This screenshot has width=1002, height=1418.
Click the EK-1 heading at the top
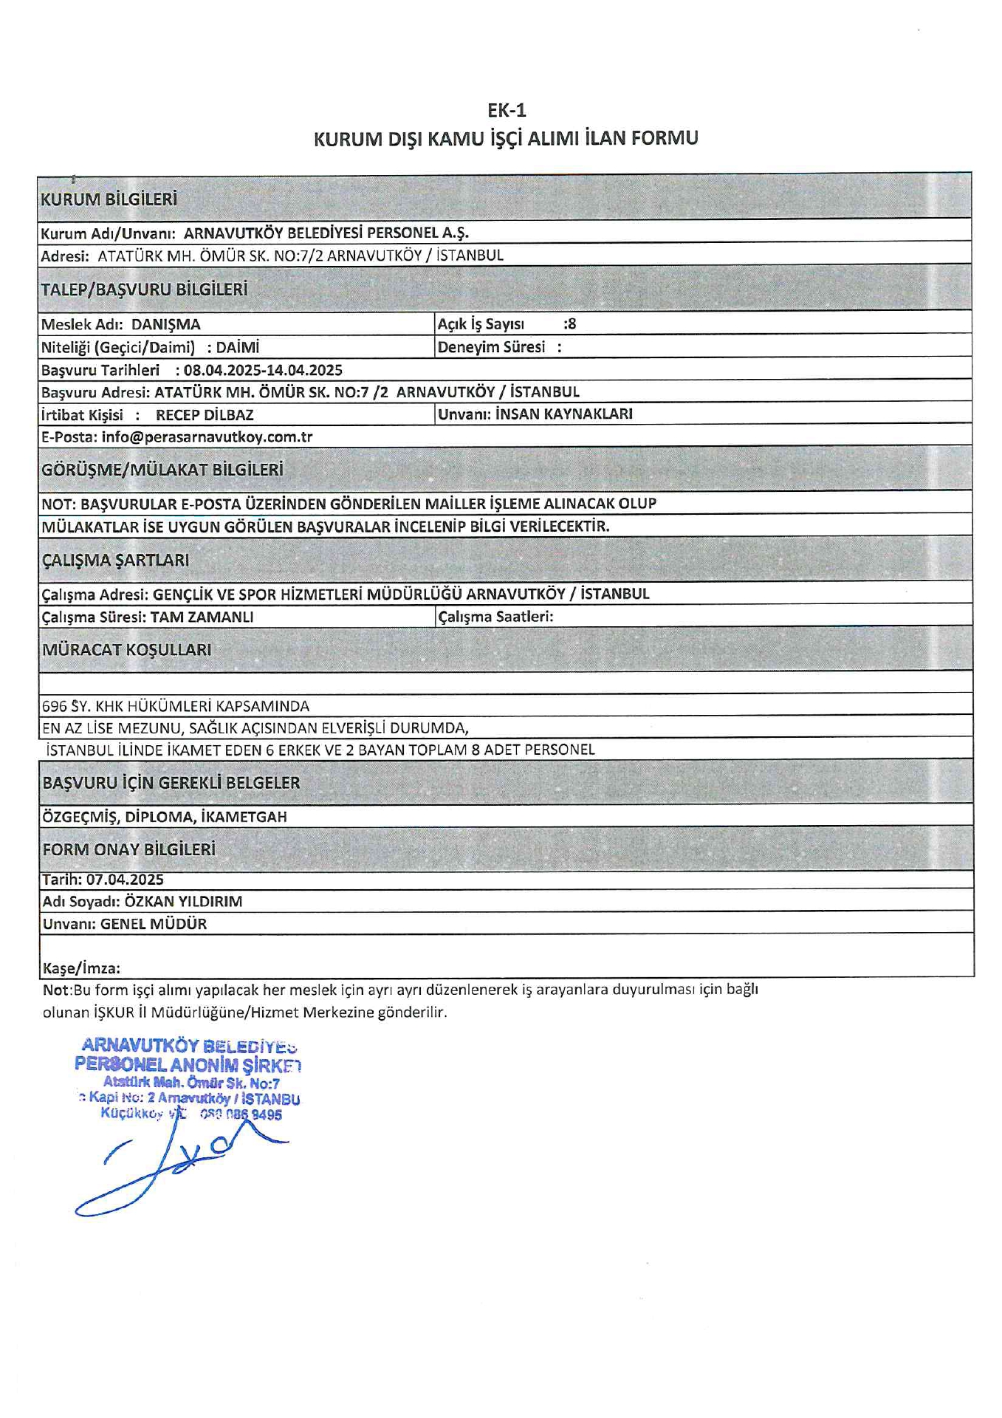coord(507,111)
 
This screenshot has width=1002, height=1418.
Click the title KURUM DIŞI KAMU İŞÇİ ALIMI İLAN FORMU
coord(506,139)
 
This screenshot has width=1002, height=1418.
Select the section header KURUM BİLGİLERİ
coord(109,199)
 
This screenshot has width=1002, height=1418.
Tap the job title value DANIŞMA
coord(166,324)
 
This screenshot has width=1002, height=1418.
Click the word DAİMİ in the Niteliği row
coord(238,347)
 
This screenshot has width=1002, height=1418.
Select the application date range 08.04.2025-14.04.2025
coord(263,370)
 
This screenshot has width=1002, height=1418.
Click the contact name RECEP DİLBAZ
coord(205,415)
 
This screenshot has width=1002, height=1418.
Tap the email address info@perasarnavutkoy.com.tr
coord(207,437)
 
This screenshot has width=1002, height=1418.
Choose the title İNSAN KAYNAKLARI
coord(565,414)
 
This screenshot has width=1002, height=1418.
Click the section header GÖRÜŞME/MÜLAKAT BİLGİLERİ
coord(162,470)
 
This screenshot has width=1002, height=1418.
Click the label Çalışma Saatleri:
coord(495,617)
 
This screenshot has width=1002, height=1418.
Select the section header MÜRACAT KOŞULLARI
coord(127,650)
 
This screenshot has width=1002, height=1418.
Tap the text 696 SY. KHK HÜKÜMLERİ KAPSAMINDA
coord(176,706)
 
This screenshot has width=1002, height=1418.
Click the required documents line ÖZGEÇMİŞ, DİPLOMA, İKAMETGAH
coord(165,817)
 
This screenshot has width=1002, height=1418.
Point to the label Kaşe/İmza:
coord(81,968)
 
